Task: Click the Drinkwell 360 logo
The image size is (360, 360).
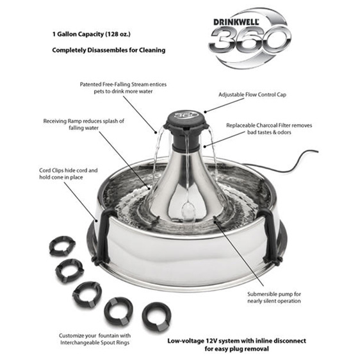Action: click(250, 38)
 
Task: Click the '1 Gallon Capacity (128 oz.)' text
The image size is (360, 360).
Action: click(92, 34)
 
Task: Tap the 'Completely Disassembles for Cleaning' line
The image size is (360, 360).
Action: click(109, 50)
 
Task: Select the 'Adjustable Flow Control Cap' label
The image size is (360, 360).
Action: click(252, 95)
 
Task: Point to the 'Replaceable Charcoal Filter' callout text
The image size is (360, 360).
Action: click(269, 129)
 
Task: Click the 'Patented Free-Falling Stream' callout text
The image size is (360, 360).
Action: click(123, 88)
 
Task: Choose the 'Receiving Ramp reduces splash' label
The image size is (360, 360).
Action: click(83, 124)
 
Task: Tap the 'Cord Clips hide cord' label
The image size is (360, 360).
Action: click(68, 174)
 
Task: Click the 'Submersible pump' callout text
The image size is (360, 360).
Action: click(274, 297)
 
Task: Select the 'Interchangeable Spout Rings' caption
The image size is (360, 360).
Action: click(95, 339)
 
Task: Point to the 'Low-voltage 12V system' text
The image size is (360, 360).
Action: click(236, 345)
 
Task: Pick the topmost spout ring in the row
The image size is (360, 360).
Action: click(62, 246)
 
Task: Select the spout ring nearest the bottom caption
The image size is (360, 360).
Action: click(156, 316)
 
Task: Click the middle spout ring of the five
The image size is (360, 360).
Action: click(86, 294)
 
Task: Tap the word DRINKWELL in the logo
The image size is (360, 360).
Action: click(236, 22)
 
